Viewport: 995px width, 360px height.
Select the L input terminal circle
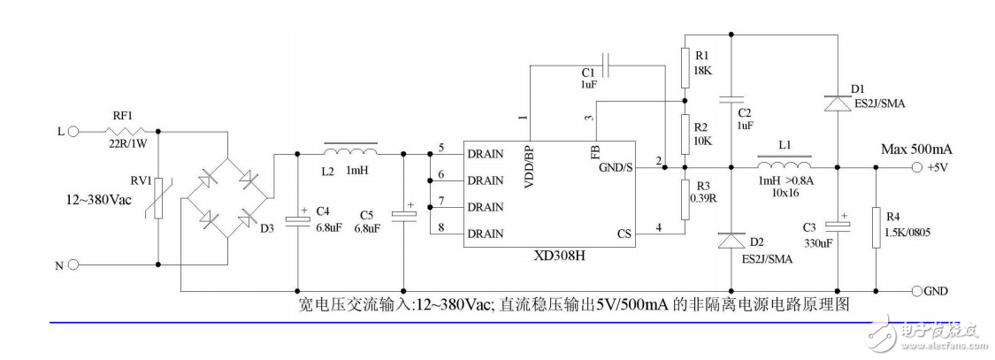(x=73, y=131)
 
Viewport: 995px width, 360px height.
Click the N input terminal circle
(x=73, y=264)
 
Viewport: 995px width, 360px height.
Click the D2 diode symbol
(x=731, y=240)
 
